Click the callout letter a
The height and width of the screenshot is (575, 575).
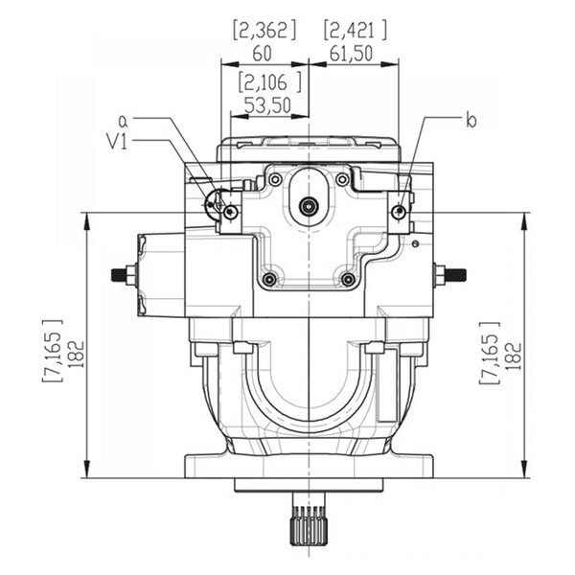(123, 121)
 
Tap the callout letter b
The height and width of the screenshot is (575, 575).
(470, 121)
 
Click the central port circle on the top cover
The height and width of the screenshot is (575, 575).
(309, 205)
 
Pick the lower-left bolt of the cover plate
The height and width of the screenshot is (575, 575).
(270, 279)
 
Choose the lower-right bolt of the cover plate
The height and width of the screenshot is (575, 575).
(348, 279)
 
